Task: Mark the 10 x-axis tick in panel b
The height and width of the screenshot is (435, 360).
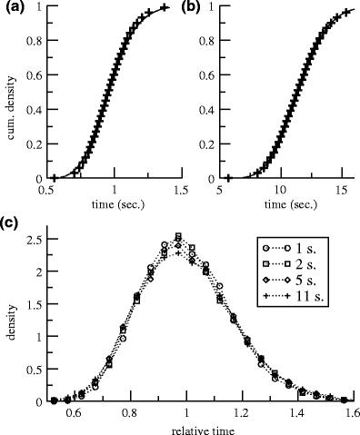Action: (282, 191)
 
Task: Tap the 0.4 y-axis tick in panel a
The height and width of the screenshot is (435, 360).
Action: (35, 109)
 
